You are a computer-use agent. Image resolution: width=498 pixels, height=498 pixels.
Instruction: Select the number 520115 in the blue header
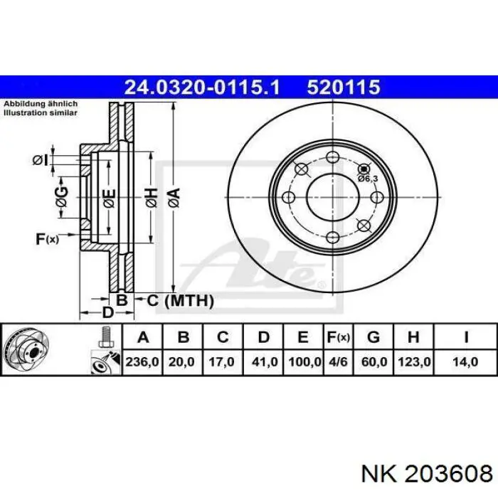[x=344, y=88]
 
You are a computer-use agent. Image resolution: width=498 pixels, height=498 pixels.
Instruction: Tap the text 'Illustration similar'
[x=41, y=112]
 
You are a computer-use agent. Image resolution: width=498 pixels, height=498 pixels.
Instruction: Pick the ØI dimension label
[x=41, y=160]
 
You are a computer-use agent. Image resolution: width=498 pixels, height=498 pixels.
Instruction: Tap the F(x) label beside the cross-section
[x=47, y=239]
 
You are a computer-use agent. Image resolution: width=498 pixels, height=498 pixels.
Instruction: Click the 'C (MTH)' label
[x=181, y=301]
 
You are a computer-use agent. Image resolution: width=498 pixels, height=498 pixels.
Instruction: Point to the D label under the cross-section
[x=107, y=313]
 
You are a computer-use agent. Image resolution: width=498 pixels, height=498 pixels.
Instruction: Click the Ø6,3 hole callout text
[x=367, y=179]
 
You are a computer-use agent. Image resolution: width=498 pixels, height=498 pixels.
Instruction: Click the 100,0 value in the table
[x=304, y=361]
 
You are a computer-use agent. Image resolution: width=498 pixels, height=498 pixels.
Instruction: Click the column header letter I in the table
[x=465, y=337]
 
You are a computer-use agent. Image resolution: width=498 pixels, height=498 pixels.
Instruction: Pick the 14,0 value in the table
[x=465, y=361]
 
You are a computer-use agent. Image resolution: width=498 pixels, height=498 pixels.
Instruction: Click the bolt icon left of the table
[x=105, y=337]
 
